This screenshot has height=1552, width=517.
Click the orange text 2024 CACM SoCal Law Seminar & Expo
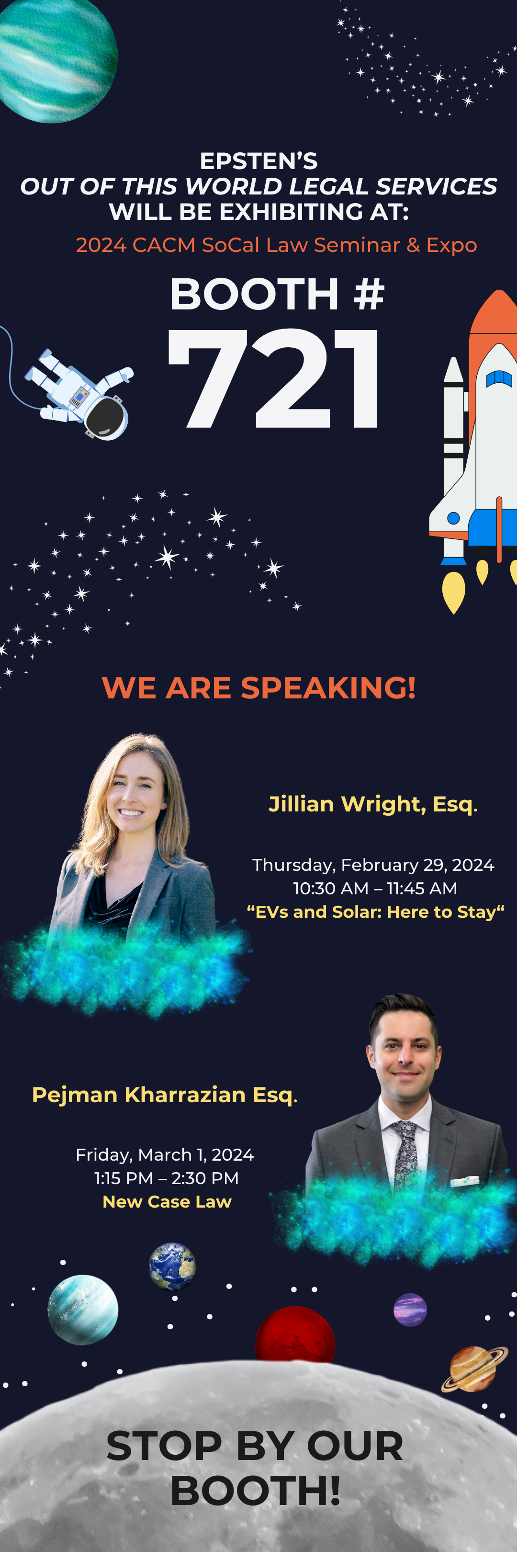pyautogui.click(x=276, y=245)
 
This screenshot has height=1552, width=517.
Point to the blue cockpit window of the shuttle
pyautogui.click(x=498, y=378)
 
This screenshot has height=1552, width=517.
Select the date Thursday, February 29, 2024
pyautogui.click(x=373, y=865)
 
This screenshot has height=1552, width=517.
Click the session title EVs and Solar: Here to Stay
pyautogui.click(x=376, y=912)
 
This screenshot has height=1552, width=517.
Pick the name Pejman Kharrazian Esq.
pyautogui.click(x=164, y=1095)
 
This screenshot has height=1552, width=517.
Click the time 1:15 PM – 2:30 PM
pyautogui.click(x=167, y=1178)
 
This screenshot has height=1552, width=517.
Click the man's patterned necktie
pyautogui.click(x=405, y=1157)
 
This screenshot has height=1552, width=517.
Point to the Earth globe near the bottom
pyautogui.click(x=172, y=1266)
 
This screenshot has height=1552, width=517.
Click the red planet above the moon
pyautogui.click(x=295, y=1335)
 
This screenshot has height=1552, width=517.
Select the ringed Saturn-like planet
pyautogui.click(x=475, y=1369)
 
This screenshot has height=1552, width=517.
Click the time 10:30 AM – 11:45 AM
pyautogui.click(x=375, y=889)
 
